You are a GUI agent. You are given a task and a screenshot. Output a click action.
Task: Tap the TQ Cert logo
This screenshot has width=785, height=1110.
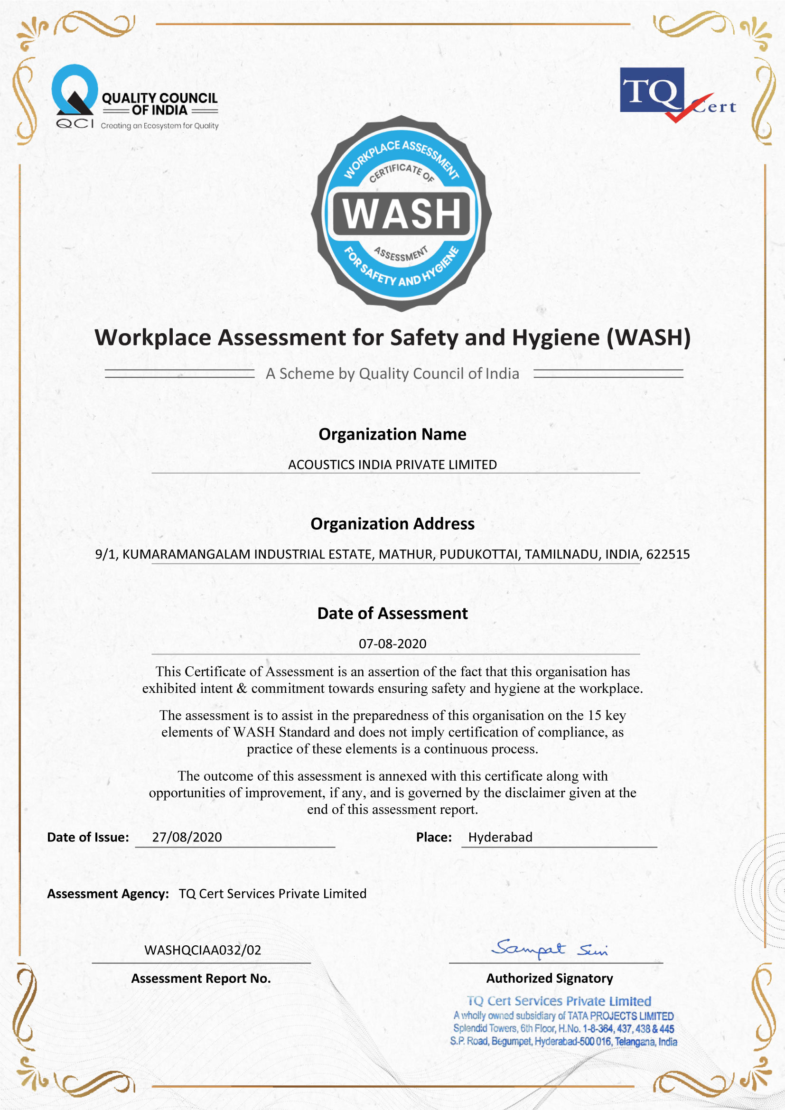[x=677, y=94]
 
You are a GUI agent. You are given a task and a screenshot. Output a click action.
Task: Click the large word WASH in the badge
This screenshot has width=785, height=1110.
[x=401, y=214]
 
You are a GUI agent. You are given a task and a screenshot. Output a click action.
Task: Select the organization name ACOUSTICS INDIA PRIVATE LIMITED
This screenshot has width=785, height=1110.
[x=392, y=465]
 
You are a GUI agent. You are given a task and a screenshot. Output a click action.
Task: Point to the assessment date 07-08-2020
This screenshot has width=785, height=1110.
[x=392, y=644]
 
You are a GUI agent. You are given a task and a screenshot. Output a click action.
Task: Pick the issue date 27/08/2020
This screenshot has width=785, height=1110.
[x=187, y=837]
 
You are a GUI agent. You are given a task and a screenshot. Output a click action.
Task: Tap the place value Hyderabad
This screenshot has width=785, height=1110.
[x=500, y=837]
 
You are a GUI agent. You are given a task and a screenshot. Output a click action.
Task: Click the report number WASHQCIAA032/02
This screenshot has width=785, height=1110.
[x=203, y=951]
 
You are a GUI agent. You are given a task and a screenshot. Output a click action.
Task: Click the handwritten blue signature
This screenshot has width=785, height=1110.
[x=550, y=949]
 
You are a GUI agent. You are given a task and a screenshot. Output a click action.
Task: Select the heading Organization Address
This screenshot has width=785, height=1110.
[x=392, y=524]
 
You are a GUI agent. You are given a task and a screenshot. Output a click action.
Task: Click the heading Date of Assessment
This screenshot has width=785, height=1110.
[x=392, y=614]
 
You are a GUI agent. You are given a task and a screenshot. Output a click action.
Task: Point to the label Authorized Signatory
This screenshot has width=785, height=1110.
[x=550, y=979]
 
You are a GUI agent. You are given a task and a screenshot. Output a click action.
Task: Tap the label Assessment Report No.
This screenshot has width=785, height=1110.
[x=201, y=979]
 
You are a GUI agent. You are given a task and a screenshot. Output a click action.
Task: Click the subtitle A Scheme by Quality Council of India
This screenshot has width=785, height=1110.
[x=392, y=373]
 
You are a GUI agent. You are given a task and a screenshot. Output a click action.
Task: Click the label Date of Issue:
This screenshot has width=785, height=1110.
[x=88, y=837]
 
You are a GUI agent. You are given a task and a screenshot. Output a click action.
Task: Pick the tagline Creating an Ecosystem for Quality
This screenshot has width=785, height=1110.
[x=159, y=126]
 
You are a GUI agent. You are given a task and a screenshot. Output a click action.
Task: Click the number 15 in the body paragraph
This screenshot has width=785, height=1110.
[x=595, y=716]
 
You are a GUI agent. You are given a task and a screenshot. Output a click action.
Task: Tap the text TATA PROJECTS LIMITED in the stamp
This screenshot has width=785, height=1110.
[x=620, y=1016]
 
